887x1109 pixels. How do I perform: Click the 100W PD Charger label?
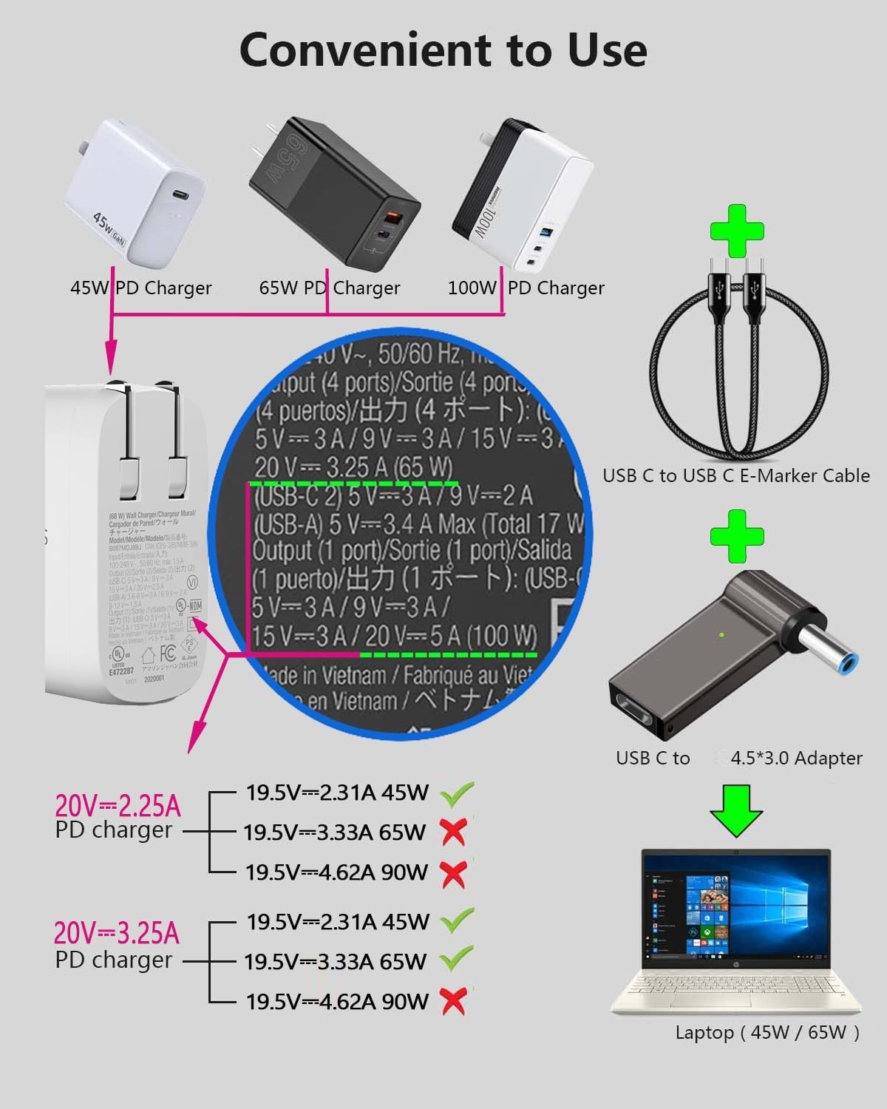click(526, 288)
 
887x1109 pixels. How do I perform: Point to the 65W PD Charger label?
click(329, 288)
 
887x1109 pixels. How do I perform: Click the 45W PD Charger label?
click(140, 288)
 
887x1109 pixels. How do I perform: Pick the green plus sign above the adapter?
click(736, 536)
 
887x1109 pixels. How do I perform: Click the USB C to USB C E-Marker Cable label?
click(735, 475)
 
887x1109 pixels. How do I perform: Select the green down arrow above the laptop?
click(736, 810)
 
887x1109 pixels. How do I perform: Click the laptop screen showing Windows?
click(736, 909)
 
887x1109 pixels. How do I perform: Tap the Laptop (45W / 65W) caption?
click(767, 1033)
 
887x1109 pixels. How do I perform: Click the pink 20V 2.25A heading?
click(118, 805)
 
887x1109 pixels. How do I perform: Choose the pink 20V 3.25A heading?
click(117, 934)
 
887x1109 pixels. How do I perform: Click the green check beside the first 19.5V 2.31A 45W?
click(456, 794)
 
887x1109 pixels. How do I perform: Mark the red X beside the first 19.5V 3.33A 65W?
click(453, 832)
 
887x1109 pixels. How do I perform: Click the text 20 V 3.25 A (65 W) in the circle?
click(353, 467)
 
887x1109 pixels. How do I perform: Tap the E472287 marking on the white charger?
click(121, 672)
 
